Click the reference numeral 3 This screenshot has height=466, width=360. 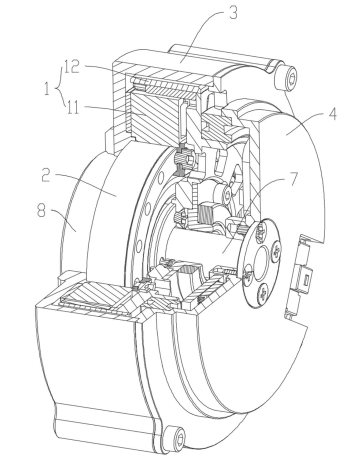[233, 13]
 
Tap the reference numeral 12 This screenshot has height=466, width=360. [71, 67]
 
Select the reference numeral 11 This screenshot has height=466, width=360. [72, 107]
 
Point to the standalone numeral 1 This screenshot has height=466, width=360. [46, 88]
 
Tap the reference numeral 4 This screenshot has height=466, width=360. [332, 114]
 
